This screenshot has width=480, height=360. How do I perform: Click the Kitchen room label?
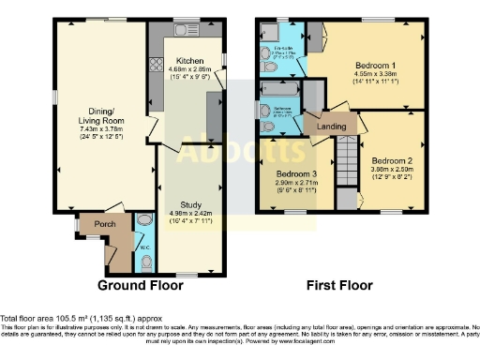(190, 60)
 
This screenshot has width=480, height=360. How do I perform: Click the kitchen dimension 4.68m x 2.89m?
(190, 69)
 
